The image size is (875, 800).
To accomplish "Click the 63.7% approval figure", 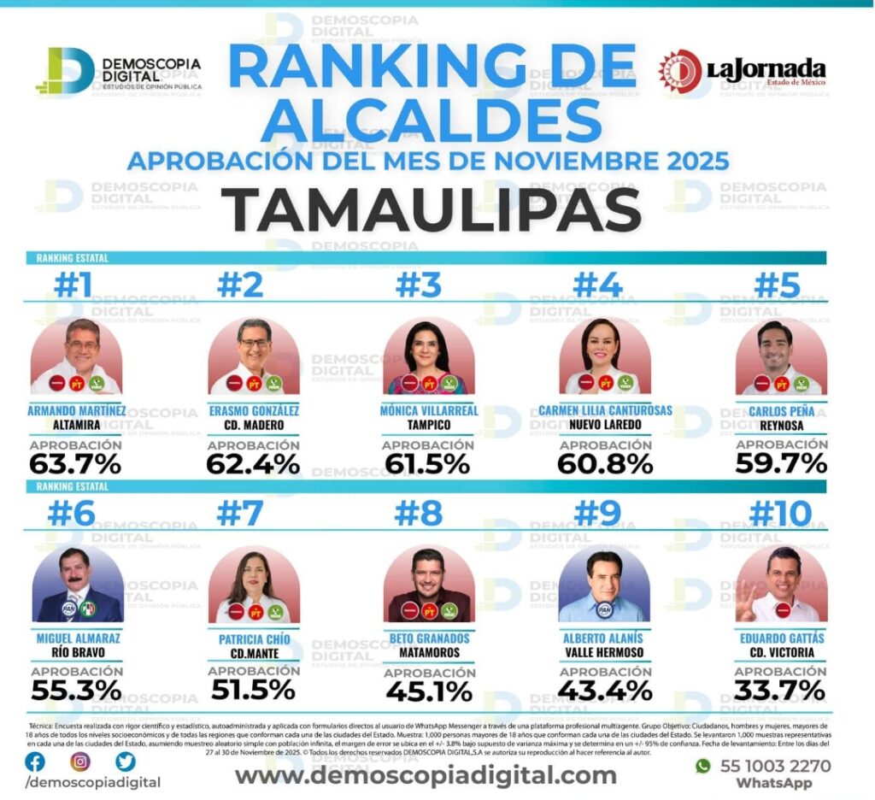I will click(x=75, y=464).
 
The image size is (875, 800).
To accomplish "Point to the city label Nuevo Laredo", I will click(x=605, y=425).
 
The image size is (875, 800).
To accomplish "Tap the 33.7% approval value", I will click(x=781, y=691).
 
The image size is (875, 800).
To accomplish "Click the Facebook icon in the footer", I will click(x=35, y=761).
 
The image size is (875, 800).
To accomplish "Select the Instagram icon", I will click(x=79, y=761).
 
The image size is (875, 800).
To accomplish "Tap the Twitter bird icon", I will click(x=126, y=761).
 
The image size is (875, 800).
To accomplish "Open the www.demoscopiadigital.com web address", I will click(x=426, y=775).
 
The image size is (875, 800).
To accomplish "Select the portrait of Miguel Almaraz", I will click(x=77, y=585).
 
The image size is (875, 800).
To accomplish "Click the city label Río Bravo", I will click(x=78, y=654).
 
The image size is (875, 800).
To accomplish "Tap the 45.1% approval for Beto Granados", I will click(x=428, y=691).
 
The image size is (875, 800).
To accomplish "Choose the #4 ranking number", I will click(x=597, y=285).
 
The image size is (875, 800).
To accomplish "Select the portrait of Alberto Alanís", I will click(x=604, y=585).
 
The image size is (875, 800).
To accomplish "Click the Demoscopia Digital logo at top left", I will click(x=118, y=71).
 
